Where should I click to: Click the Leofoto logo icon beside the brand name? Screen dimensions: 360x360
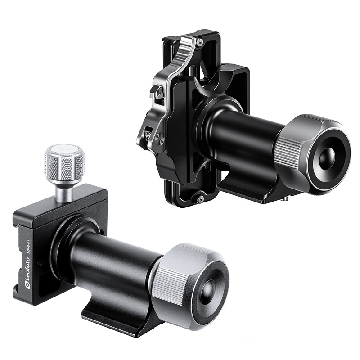[x=27, y=286]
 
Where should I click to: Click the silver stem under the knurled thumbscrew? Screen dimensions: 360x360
[x=64, y=193]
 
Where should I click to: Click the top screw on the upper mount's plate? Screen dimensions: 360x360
[x=200, y=41]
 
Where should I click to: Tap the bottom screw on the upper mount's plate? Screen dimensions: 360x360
[x=199, y=199]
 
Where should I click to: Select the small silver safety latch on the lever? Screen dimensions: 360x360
[x=155, y=91]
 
